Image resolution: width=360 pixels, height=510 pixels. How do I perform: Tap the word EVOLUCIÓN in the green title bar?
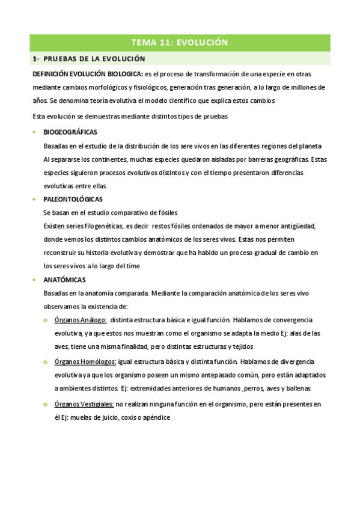tap(203, 43)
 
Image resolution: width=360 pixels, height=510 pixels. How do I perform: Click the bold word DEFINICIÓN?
tap(53, 74)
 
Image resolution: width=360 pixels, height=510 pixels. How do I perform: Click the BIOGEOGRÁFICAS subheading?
tap(70, 132)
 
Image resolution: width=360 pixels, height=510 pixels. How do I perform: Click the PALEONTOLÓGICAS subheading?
tap(73, 199)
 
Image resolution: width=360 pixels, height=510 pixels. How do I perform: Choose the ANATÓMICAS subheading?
tap(64, 280)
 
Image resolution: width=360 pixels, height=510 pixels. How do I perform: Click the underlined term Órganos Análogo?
tap(81, 320)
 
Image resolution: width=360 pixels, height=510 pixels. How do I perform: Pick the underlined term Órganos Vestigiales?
tap(84, 404)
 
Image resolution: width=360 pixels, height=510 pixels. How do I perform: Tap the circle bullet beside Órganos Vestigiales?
tap(46, 404)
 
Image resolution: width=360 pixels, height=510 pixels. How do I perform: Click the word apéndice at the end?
tap(159, 417)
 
